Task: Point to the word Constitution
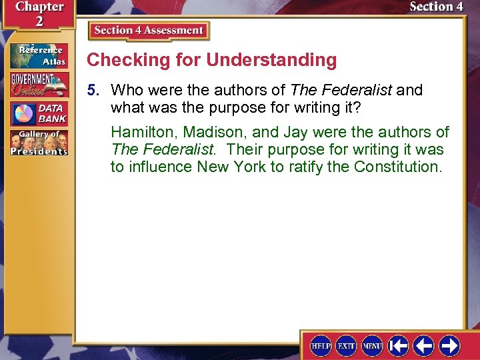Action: (x=397, y=167)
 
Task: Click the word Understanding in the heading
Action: (x=271, y=60)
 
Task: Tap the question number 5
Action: (x=96, y=90)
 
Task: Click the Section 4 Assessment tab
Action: (x=149, y=31)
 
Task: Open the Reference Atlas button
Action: (x=38, y=56)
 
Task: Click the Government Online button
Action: (x=38, y=84)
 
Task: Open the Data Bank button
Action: (x=38, y=113)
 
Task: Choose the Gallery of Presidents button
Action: (x=38, y=142)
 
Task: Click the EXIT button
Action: (x=346, y=345)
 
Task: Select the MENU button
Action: (x=372, y=345)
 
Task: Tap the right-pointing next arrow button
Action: (x=450, y=345)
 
